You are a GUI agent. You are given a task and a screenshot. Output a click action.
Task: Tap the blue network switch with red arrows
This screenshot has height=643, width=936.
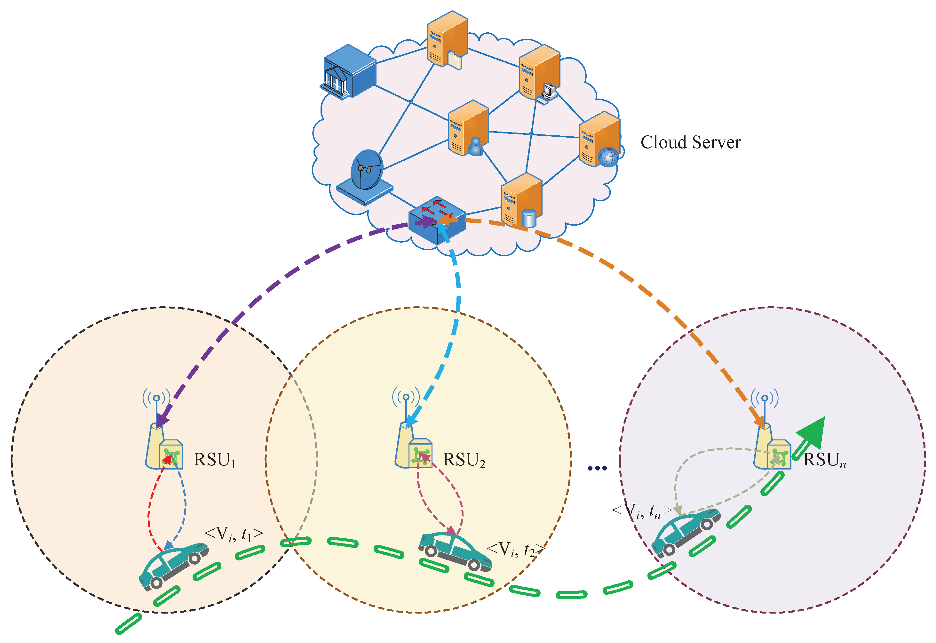click(437, 220)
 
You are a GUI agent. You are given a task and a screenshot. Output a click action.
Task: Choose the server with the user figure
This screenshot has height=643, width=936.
click(468, 128)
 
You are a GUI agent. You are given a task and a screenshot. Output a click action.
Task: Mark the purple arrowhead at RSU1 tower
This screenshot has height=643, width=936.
click(162, 421)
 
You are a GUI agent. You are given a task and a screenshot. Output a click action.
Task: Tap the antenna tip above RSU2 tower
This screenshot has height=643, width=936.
click(406, 397)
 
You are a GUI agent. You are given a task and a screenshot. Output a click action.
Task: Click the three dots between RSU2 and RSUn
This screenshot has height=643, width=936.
click(597, 468)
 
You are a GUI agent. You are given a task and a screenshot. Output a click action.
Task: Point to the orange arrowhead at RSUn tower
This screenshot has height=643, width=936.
click(759, 421)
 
